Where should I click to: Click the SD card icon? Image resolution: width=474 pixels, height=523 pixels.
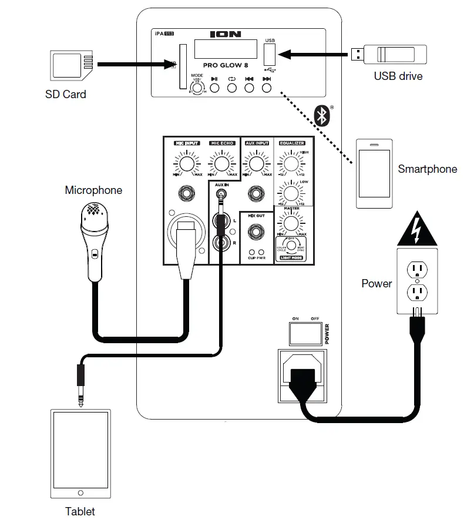pyautogui.click(x=72, y=65)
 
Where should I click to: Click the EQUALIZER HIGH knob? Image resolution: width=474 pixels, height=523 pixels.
pyautogui.click(x=289, y=162)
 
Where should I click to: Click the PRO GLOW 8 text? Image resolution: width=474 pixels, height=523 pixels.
pyautogui.click(x=226, y=66)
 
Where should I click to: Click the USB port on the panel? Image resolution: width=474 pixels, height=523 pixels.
pyautogui.click(x=270, y=56)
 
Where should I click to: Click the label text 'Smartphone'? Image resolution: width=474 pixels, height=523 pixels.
pyautogui.click(x=427, y=169)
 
